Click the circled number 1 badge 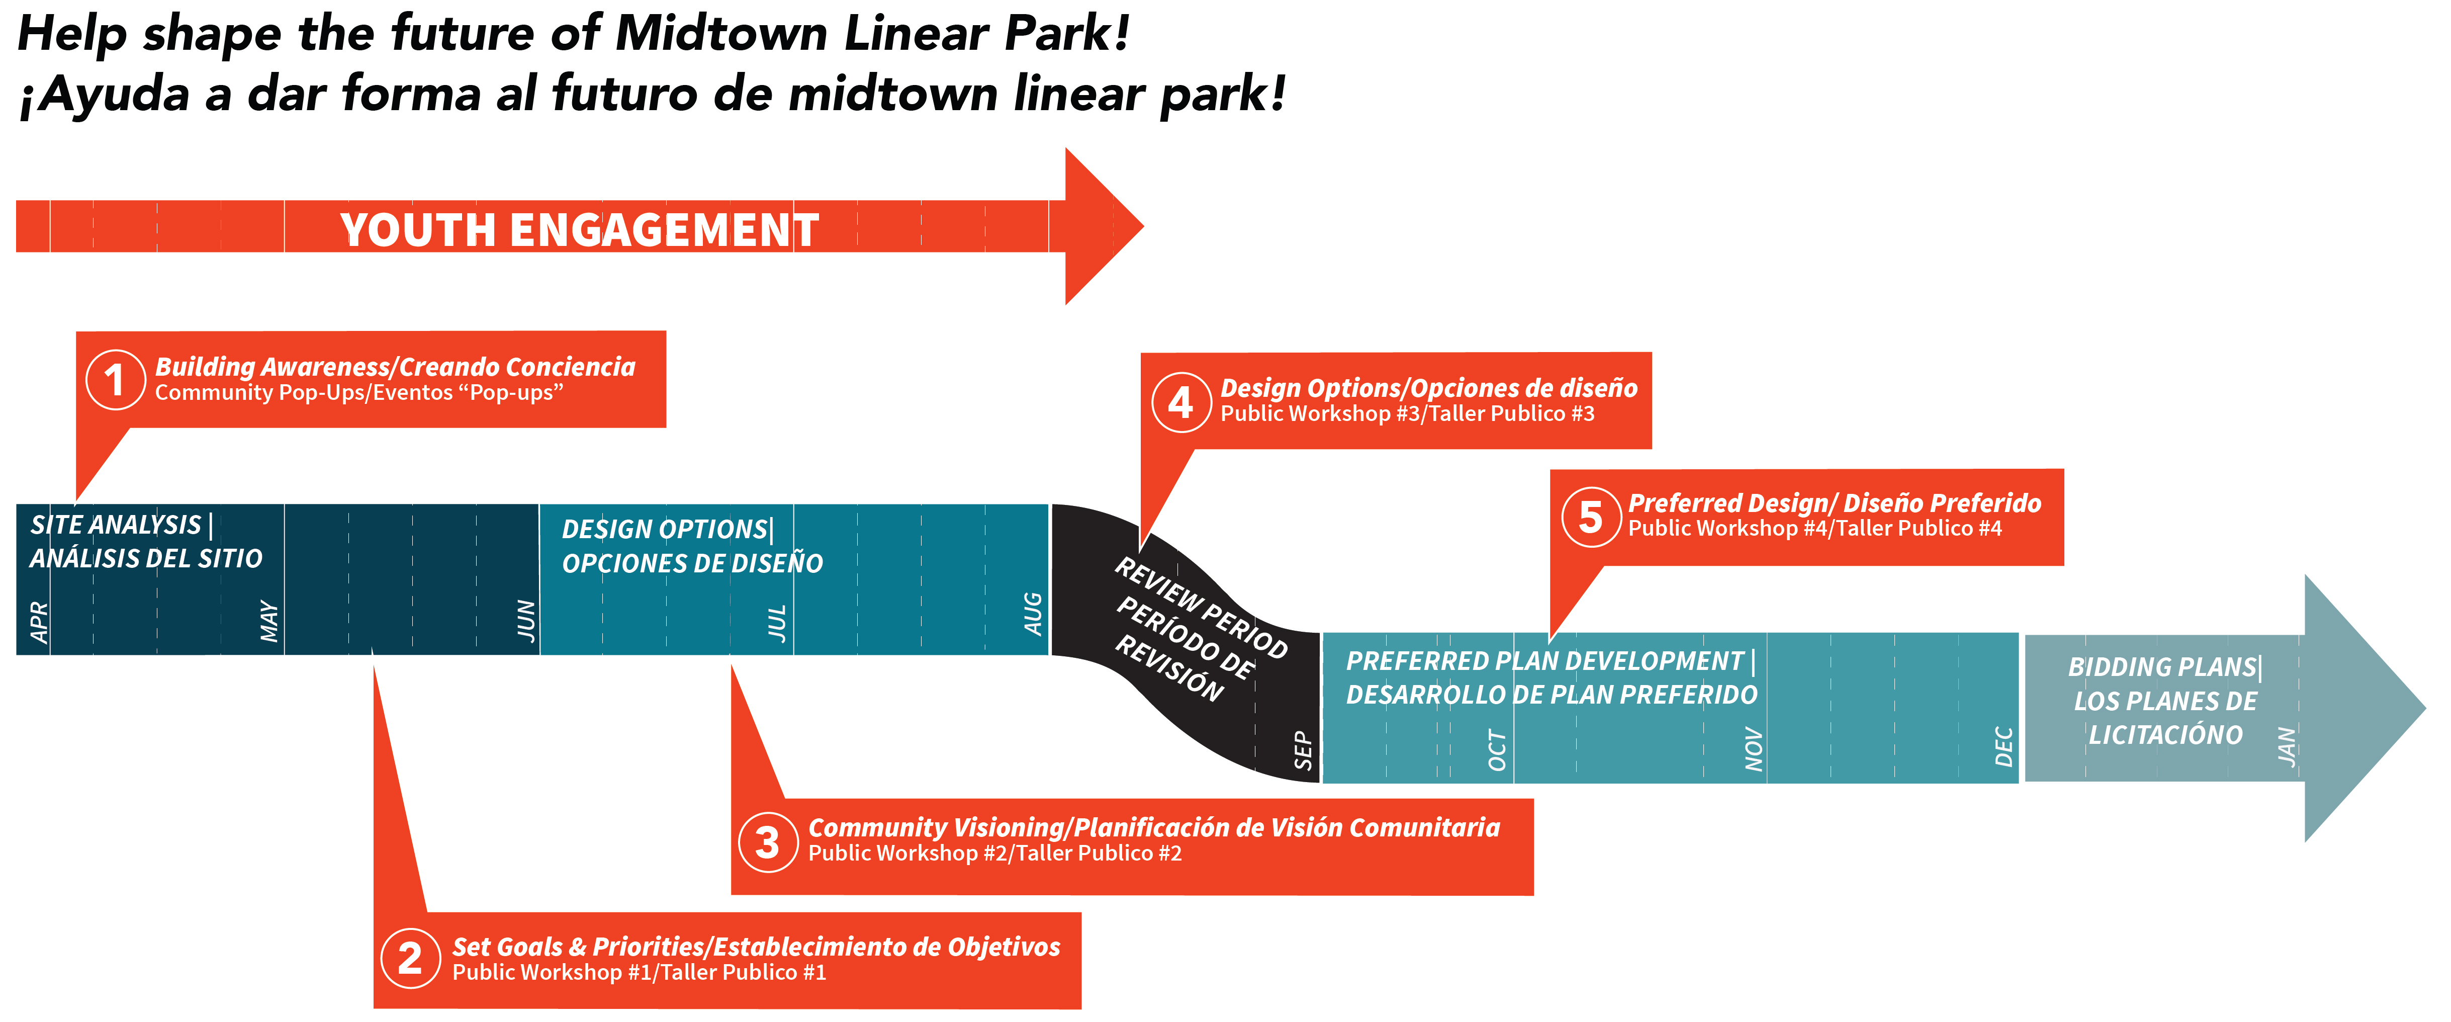115,380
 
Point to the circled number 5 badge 1590,517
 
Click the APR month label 39,621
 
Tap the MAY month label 270,621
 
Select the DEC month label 2004,747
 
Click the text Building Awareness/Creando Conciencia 395,367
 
